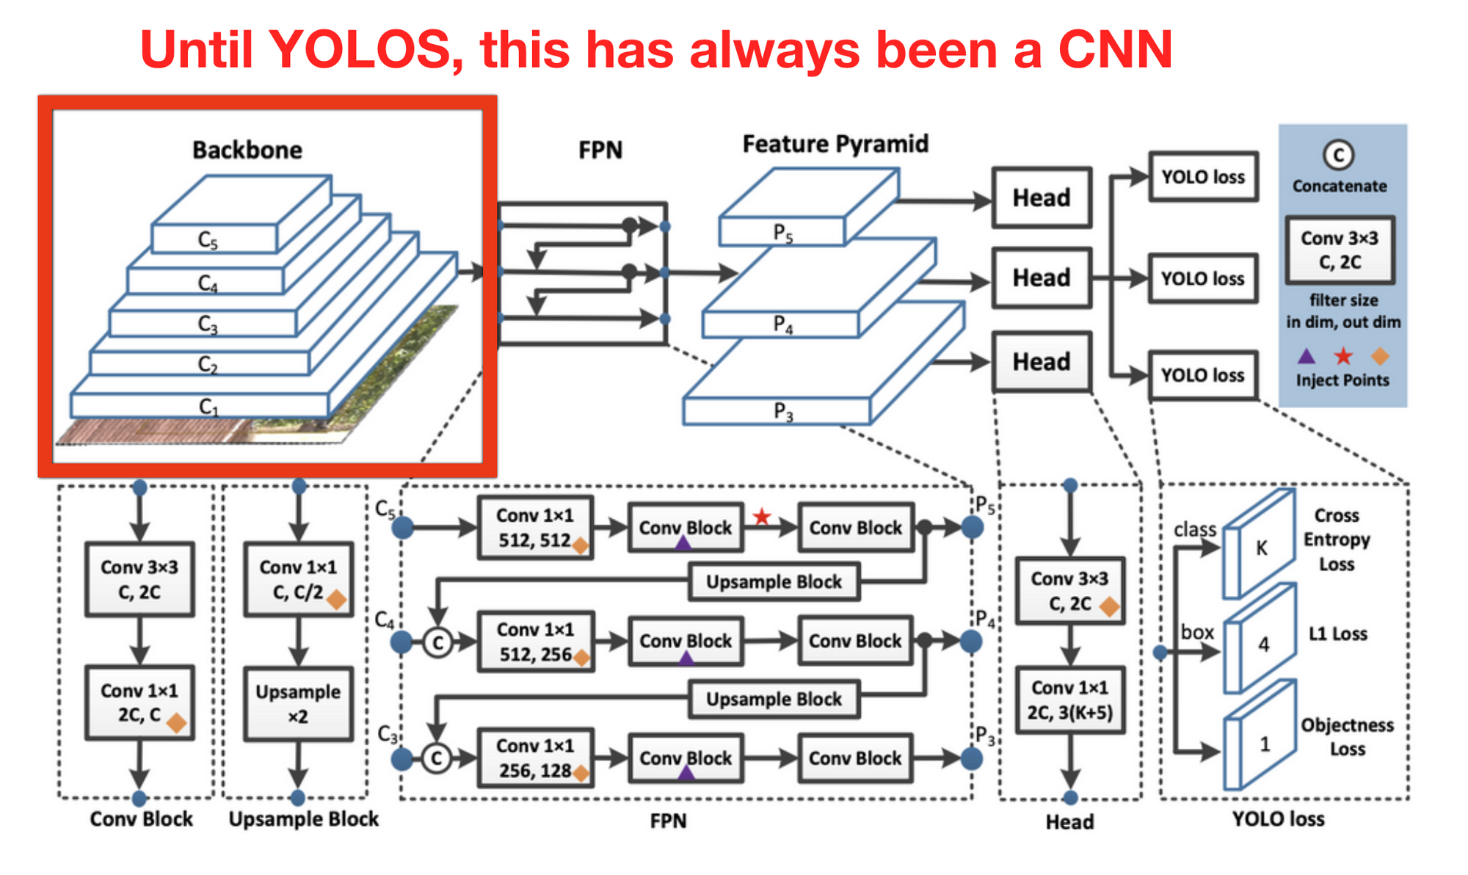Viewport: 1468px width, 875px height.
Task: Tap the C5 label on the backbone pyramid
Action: coord(208,241)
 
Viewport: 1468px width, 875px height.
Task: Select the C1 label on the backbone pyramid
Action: coord(208,407)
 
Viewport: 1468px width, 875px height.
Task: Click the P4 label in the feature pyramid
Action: coord(783,324)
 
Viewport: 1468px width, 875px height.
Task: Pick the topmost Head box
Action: coord(1042,197)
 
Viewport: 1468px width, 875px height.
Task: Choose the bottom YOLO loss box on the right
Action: coord(1203,375)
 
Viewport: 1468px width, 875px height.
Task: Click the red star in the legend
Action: coord(1343,356)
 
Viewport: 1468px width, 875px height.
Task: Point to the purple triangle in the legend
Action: coord(1307,356)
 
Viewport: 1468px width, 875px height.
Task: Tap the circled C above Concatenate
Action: coord(1339,155)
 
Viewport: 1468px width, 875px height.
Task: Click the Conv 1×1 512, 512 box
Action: coord(535,528)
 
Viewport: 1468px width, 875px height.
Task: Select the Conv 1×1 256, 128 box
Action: coord(535,758)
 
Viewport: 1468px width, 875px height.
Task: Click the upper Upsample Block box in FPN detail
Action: coord(774,582)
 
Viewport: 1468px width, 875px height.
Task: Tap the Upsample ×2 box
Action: coord(298,704)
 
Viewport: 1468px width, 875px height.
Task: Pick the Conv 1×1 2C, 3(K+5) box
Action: coord(1070,700)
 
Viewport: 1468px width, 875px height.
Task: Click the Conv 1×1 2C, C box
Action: coord(140,702)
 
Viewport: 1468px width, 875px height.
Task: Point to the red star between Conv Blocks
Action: coord(762,517)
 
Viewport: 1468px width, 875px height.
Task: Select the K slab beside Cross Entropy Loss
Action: coord(1259,544)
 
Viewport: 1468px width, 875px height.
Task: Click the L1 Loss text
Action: coord(1338,633)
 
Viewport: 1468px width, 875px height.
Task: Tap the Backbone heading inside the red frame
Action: coord(247,150)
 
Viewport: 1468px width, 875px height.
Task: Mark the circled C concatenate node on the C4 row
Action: coord(438,643)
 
